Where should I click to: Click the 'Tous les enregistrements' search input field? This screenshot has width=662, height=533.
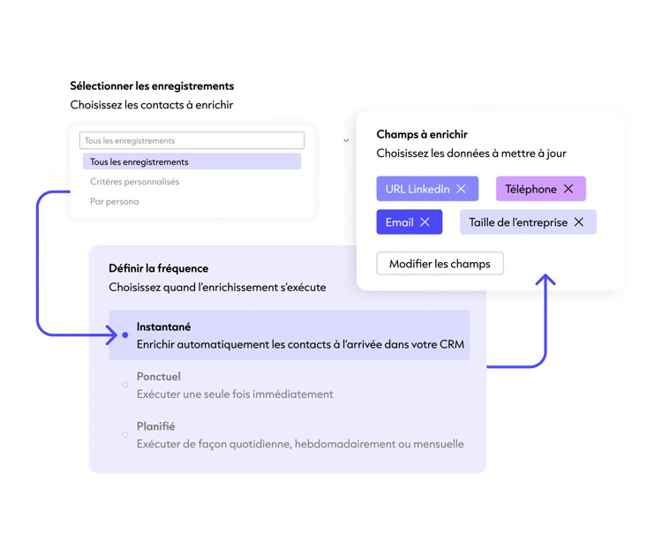point(192,140)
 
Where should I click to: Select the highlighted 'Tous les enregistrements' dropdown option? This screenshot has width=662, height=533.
point(192,161)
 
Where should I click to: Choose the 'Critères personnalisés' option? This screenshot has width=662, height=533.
point(134,182)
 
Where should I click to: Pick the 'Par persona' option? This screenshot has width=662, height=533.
point(115,201)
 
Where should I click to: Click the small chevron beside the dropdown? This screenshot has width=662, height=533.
point(346,140)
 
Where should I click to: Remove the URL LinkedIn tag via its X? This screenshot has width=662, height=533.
point(461,189)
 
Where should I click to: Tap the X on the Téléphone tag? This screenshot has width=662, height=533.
point(568,189)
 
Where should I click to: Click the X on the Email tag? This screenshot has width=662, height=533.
point(425,222)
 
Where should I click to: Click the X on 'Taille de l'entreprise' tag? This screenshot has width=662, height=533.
point(579,222)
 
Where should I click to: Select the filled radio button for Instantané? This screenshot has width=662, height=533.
point(125,335)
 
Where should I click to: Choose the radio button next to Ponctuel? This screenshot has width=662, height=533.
point(125,385)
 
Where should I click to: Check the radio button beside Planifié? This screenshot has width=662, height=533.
point(125,435)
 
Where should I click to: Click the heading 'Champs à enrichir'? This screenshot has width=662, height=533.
point(422,134)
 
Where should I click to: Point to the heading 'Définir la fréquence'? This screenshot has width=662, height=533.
point(158,268)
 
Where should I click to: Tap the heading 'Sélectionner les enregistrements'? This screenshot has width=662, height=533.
point(152,86)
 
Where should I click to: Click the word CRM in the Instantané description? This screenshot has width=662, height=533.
point(452,344)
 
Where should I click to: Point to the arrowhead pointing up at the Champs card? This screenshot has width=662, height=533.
point(545,279)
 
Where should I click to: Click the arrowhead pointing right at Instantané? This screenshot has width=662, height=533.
point(113,335)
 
